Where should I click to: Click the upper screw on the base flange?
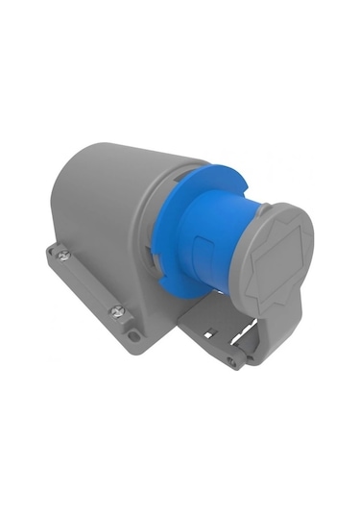tap(62, 255)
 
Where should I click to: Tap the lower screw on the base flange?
tap(117, 310)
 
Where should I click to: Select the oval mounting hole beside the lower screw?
tap(133, 336)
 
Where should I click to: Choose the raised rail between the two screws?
tap(89, 281)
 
